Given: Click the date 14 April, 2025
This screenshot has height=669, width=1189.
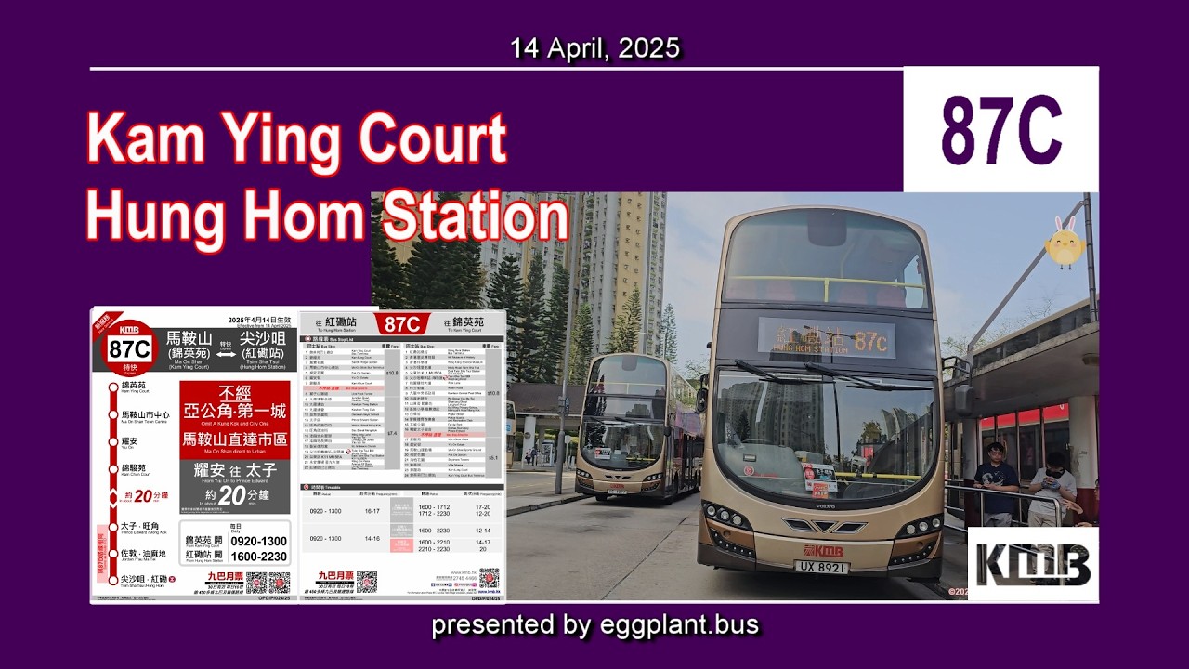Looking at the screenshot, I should [x=594, y=48].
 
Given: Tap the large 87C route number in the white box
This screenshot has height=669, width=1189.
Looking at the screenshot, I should [x=1000, y=131].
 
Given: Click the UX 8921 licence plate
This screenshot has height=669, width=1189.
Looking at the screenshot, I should [x=821, y=566].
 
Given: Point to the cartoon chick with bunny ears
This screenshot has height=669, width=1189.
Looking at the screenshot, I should [x=1065, y=243].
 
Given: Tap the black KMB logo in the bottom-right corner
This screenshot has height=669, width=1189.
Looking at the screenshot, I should [x=1032, y=563].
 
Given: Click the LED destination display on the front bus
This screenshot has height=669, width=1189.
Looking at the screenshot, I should [x=825, y=339].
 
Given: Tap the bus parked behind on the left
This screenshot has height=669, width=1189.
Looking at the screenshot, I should [x=639, y=427].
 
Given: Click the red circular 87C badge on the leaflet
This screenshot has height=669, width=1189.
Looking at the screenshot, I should [x=129, y=349].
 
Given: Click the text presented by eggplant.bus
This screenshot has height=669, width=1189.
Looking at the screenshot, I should [x=594, y=625].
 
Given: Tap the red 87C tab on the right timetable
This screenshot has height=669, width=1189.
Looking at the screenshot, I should [x=403, y=323].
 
